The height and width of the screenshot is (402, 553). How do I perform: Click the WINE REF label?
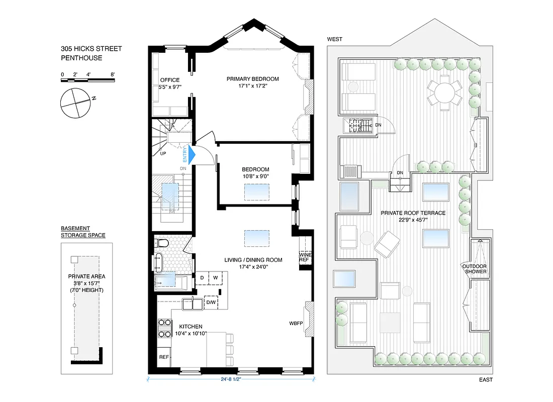[304, 257]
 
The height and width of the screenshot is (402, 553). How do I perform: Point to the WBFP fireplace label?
[296, 323]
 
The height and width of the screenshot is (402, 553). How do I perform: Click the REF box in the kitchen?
[164, 357]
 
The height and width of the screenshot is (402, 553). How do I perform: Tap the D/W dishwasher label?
[211, 303]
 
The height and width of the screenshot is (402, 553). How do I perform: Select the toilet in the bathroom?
[162, 244]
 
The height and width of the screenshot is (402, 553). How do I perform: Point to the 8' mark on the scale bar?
[113, 74]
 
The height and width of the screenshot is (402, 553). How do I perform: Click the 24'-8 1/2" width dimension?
[231, 380]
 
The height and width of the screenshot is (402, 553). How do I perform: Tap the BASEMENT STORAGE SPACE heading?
[83, 232]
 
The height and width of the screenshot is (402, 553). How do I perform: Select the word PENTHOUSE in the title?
[81, 58]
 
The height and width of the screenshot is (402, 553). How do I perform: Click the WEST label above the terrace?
[335, 39]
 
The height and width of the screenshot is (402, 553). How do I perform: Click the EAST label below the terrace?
[486, 380]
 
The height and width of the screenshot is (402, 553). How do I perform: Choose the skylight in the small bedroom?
[256, 191]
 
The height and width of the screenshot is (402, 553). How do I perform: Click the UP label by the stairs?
[163, 154]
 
